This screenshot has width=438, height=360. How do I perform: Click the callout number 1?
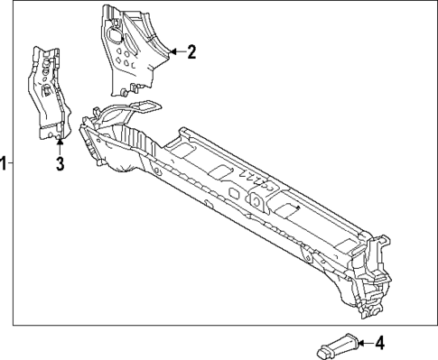point(5,163)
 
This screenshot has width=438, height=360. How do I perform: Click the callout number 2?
point(191,52)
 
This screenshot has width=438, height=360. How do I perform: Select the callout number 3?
point(60,163)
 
